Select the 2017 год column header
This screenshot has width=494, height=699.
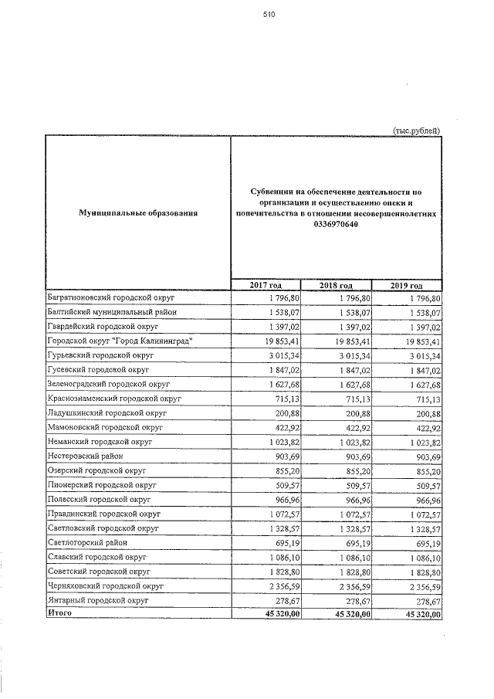point(265,286)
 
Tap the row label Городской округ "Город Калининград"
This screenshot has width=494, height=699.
point(119,341)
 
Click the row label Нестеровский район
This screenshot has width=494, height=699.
point(86,456)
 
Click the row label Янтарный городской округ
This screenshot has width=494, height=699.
point(97,599)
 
